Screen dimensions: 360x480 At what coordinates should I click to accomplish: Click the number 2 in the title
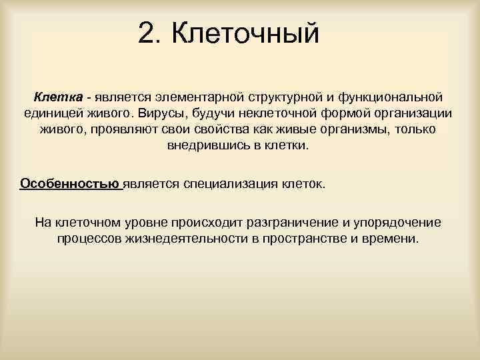click(x=147, y=33)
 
